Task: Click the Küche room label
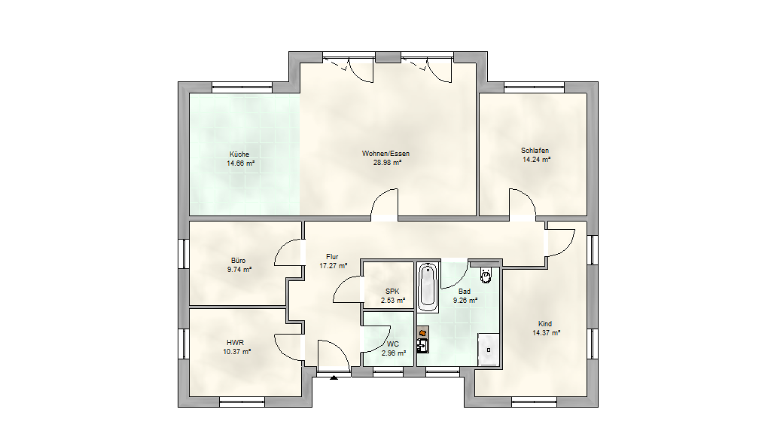tap(239, 154)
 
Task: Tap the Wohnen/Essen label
tap(386, 154)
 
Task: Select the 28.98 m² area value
tap(388, 163)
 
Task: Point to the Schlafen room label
tap(535, 151)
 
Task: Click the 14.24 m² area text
tap(536, 160)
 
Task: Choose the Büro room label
tap(239, 260)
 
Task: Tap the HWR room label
tap(235, 343)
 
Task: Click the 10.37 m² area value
tap(237, 351)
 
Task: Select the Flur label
tap(332, 256)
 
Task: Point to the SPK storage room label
tap(392, 292)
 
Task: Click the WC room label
tap(393, 344)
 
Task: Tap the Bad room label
tap(464, 292)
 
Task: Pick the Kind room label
tap(545, 324)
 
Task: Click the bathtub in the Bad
tap(428, 287)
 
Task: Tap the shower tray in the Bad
tap(489, 350)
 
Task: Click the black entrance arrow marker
tap(334, 378)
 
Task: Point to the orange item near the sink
tap(422, 333)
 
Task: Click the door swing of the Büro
tap(287, 252)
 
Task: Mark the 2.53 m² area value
tap(393, 300)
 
